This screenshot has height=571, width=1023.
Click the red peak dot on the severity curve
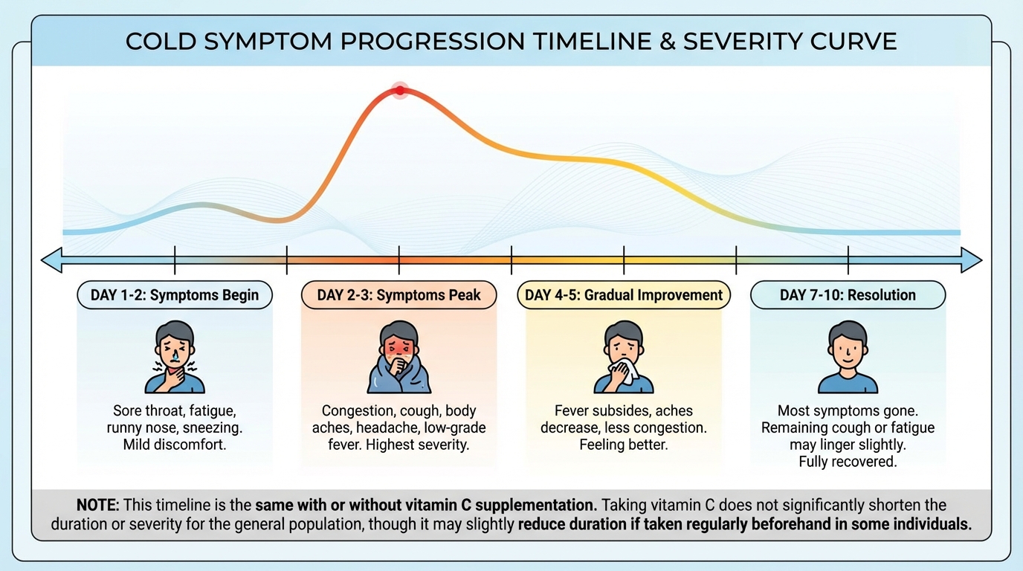[400, 91]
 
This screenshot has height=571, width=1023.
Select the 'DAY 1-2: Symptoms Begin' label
[175, 295]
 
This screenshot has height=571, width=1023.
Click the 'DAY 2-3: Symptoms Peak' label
[398, 295]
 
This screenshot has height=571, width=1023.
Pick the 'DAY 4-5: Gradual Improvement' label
[624, 295]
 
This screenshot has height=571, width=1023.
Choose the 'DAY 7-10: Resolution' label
[848, 295]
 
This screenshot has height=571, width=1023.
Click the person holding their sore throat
[175, 357]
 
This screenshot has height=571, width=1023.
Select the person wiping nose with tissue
[623, 357]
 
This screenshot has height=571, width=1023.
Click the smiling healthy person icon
[848, 357]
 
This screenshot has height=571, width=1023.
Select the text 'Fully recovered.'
[848, 462]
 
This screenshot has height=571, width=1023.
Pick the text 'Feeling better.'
[623, 445]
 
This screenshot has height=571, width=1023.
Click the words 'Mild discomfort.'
[175, 445]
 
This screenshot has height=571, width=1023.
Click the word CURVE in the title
[855, 42]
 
